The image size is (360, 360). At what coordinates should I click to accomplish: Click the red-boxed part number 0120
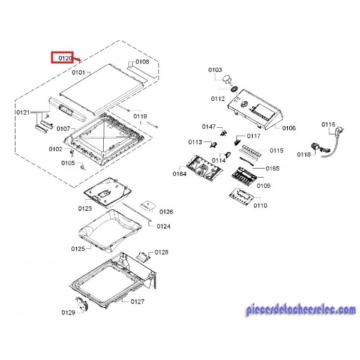(62, 58)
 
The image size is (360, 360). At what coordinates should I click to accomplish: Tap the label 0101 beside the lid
(79, 73)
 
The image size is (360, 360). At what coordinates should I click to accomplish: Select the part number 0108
(142, 62)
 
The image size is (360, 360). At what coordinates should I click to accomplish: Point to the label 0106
(289, 128)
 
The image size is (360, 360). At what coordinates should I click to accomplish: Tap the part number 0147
(208, 127)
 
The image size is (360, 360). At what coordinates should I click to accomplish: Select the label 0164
(179, 174)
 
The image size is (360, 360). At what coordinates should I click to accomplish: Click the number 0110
(260, 205)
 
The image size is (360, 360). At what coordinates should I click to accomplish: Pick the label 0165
(272, 169)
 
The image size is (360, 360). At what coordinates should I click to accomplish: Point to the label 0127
(138, 302)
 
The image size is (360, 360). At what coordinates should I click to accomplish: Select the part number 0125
(78, 248)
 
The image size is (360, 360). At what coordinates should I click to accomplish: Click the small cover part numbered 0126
(148, 208)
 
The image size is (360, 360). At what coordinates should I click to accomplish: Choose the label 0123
(84, 209)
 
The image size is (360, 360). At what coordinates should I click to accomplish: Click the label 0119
(140, 116)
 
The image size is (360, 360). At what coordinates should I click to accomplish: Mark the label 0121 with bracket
(23, 112)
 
